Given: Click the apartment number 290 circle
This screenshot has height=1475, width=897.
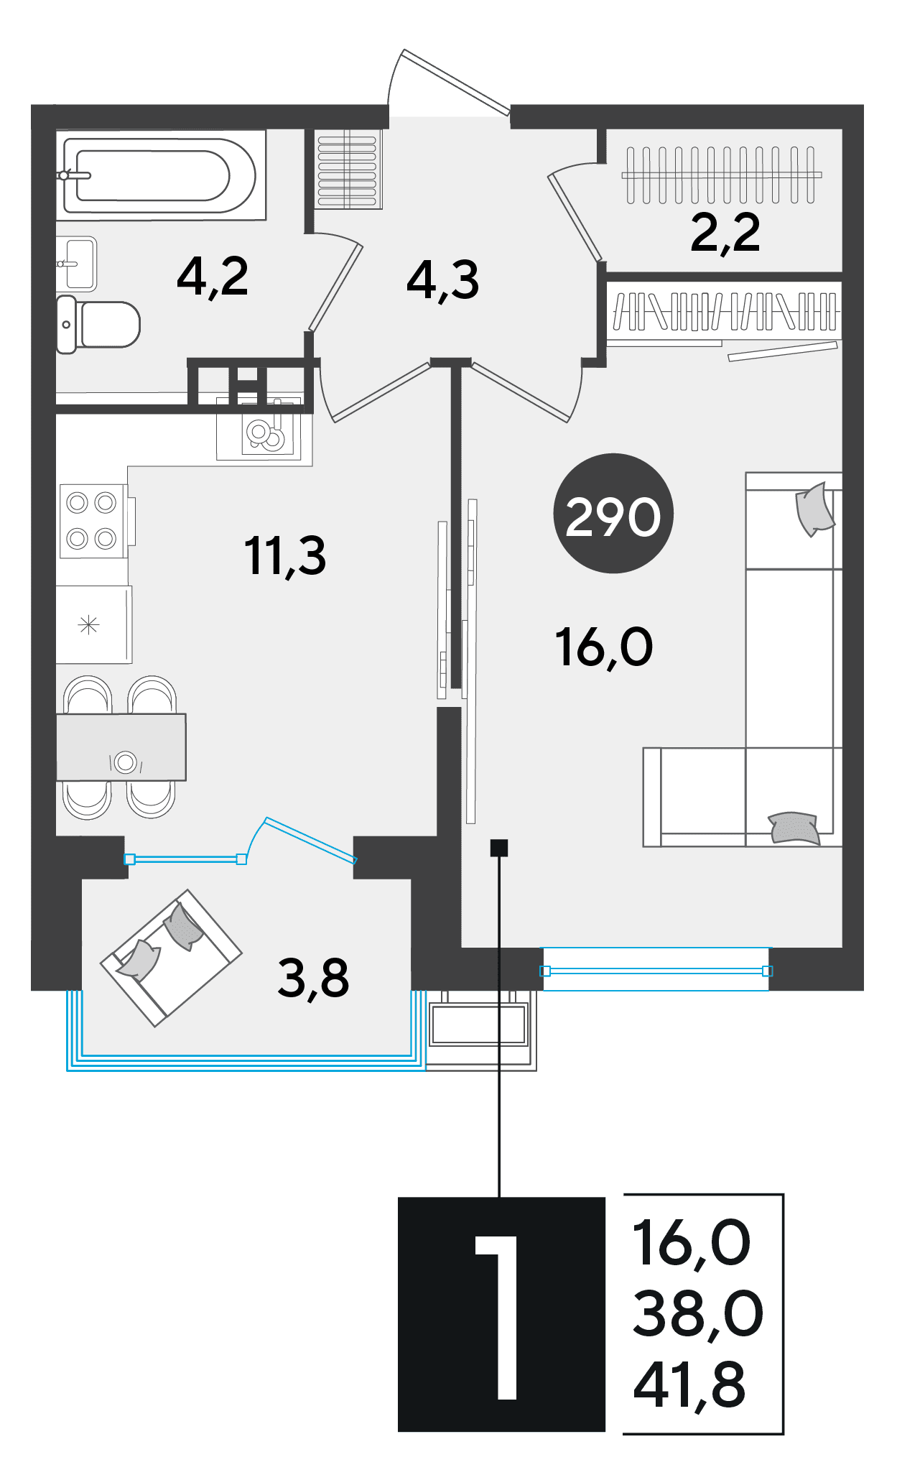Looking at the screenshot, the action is click(613, 513).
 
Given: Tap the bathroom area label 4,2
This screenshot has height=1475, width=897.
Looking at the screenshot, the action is click(213, 277).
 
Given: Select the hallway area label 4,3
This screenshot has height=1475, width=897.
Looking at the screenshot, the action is click(442, 280).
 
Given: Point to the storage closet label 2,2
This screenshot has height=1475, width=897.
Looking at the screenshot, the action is click(725, 233).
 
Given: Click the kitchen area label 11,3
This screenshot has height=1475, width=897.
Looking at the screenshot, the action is click(285, 556).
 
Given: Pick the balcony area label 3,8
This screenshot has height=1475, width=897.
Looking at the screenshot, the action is click(313, 979).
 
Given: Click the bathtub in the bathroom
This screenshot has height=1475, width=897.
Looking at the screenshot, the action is click(160, 175).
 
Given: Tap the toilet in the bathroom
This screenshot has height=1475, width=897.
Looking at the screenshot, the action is click(98, 324).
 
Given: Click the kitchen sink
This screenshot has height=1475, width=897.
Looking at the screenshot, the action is click(264, 430).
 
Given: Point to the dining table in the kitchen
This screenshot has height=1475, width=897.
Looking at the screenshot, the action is click(121, 747).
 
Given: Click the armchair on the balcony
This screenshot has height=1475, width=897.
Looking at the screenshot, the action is click(171, 958).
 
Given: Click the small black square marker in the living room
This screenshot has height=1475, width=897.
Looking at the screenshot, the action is click(499, 848).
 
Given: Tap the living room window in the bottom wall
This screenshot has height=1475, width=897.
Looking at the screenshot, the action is click(656, 970).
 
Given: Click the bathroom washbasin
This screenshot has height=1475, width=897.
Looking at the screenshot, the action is click(77, 264).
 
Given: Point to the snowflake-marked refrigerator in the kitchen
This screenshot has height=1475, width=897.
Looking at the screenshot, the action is click(94, 624).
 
